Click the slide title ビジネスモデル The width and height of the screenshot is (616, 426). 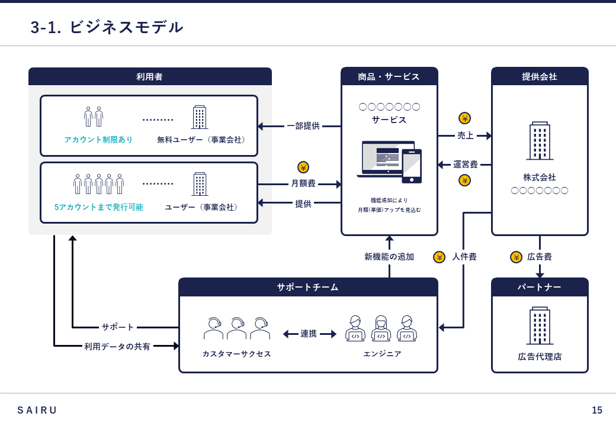pos(107,27)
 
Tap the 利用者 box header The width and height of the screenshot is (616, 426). pos(149,76)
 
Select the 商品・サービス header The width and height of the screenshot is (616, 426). pos(389,76)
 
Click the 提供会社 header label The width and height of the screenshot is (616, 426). pos(539,76)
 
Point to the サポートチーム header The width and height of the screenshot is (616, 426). pos(307,287)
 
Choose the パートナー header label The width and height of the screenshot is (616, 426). pos(539,287)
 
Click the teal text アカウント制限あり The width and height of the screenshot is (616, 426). pos(98,140)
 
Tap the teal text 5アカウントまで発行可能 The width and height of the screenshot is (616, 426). pos(99,207)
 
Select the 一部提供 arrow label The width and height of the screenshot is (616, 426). pos(303,126)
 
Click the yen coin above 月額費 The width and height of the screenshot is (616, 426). pos(303,167)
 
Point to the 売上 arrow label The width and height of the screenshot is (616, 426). pos(466,135)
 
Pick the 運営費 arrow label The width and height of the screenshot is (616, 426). pos(466,164)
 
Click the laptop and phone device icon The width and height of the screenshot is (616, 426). pos(389,162)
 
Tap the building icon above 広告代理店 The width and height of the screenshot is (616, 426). pos(540,325)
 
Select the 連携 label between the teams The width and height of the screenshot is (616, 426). pos(309,334)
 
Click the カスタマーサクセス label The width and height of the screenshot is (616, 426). pos(236,354)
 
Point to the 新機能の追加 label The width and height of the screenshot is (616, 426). pos(389,257)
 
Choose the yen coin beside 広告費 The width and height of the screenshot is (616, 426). pos(516,257)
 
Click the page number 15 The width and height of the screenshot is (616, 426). pos(596,410)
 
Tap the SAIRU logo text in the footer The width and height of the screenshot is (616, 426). pos(37,410)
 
